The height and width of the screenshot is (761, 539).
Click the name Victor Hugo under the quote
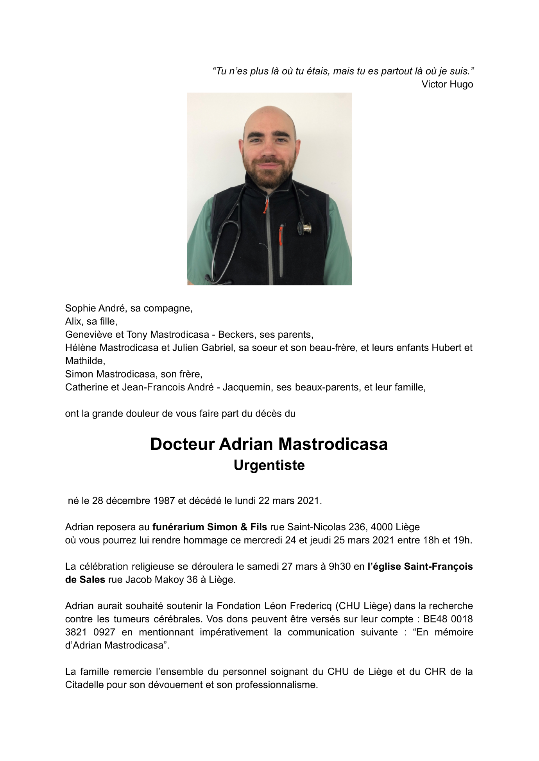click(x=447, y=84)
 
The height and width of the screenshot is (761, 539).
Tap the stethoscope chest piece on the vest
click(x=306, y=227)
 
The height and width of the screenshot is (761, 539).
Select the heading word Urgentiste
click(x=269, y=465)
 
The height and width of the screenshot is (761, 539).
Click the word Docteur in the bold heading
click(x=182, y=444)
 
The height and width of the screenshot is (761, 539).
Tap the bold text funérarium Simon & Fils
click(x=210, y=527)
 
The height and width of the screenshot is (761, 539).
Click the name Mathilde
click(x=85, y=361)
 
